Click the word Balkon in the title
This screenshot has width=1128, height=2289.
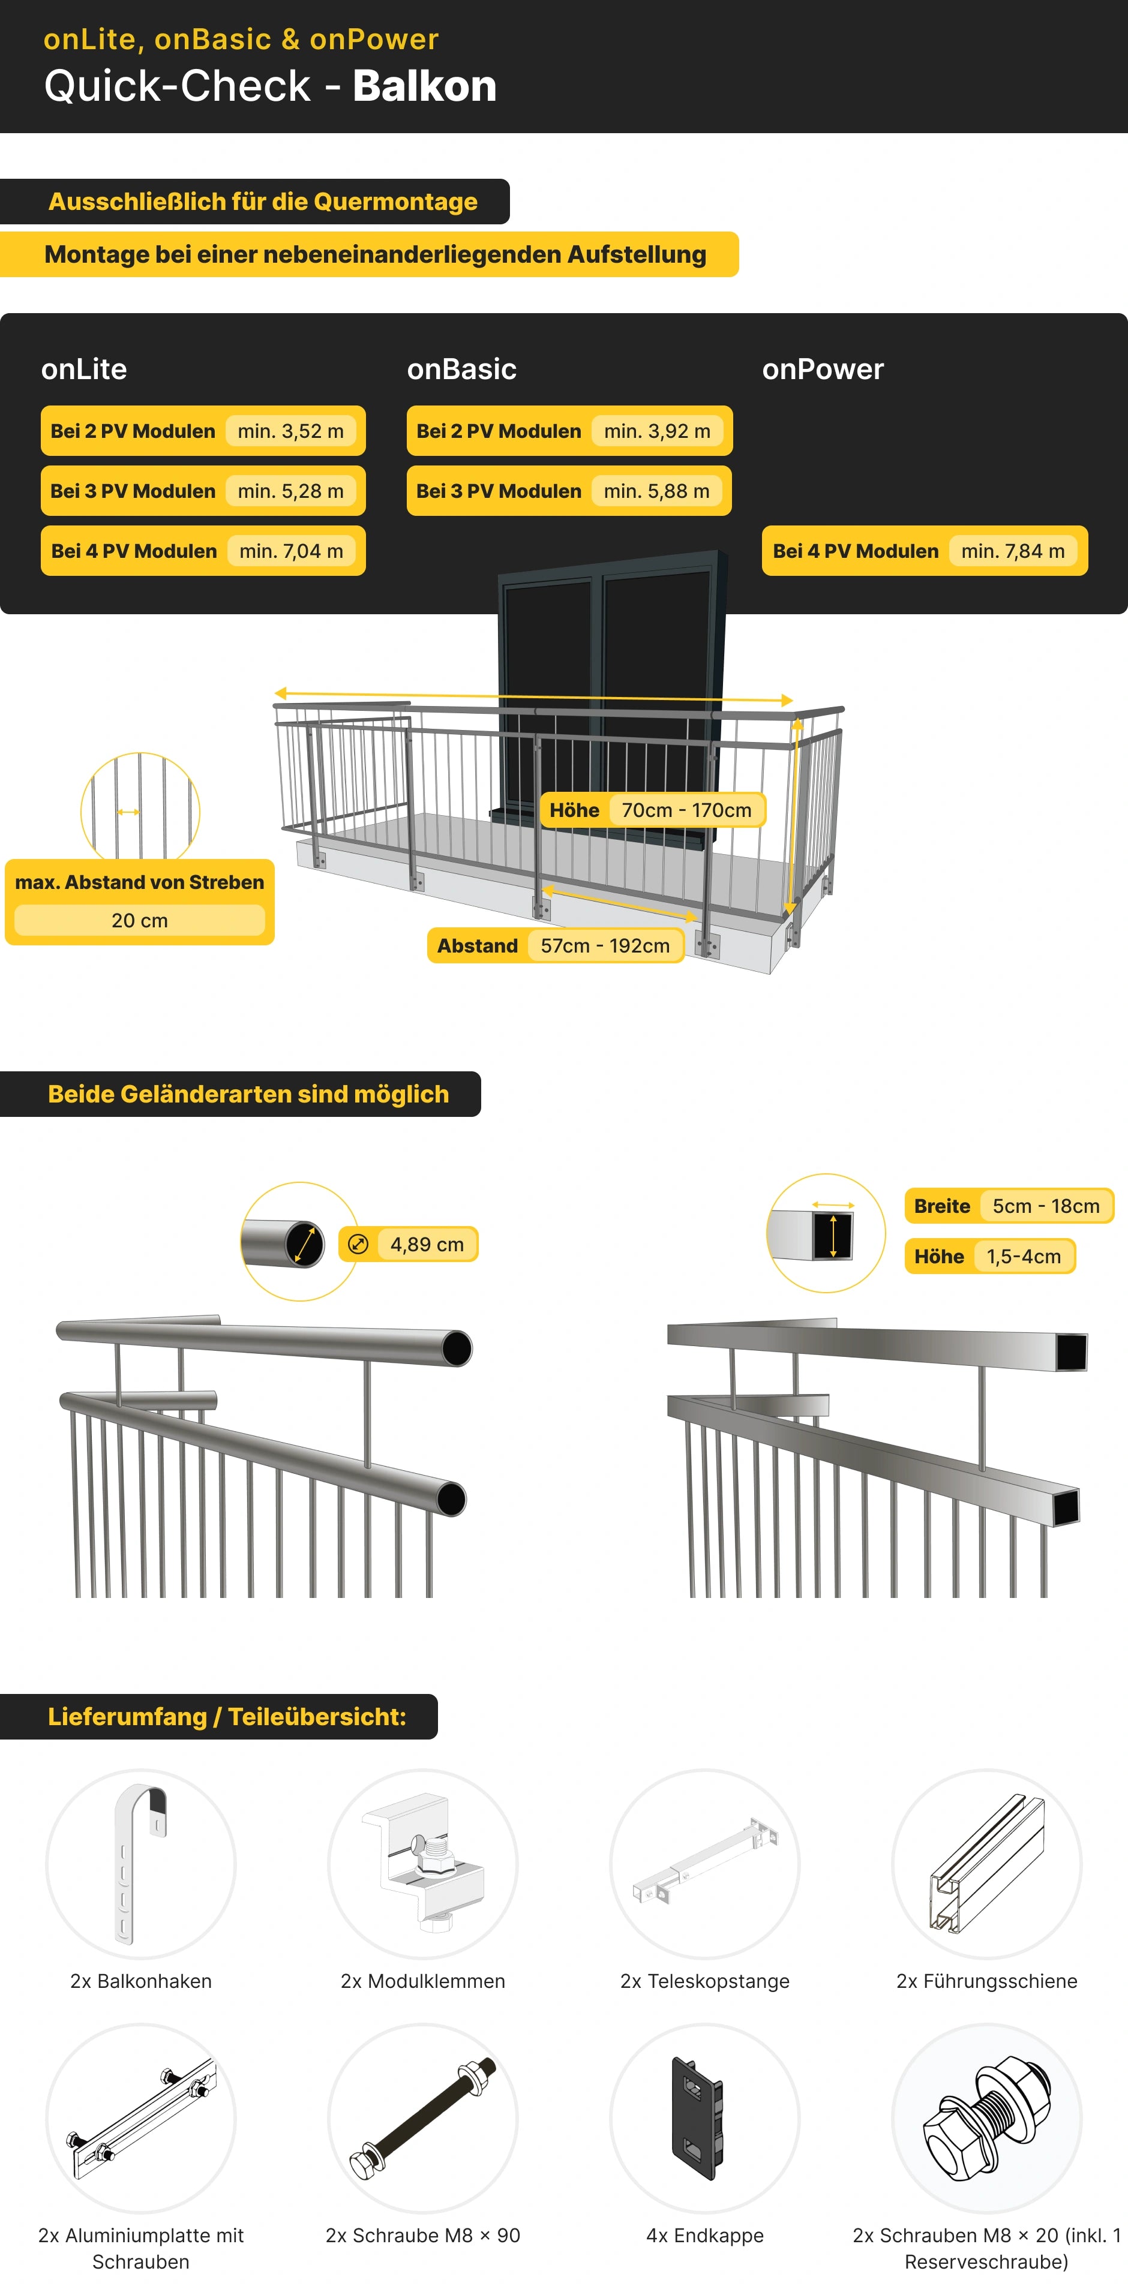(x=425, y=86)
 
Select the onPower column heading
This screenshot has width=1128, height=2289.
(x=823, y=369)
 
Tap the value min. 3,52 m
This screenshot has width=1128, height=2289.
(x=290, y=431)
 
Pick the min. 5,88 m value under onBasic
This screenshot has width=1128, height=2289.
(x=657, y=491)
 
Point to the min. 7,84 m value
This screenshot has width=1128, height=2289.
(x=1013, y=551)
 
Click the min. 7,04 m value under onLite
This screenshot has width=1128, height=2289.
(x=292, y=551)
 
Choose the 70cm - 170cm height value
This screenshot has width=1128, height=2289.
(x=686, y=810)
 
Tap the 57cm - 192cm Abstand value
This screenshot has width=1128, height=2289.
(x=605, y=945)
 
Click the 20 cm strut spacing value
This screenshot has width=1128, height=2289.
(x=140, y=921)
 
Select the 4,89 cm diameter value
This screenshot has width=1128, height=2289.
(x=427, y=1244)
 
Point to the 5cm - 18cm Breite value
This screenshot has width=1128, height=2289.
(x=1046, y=1206)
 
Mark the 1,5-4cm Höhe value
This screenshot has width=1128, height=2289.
(x=1024, y=1257)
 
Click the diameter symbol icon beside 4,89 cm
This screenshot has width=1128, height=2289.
(x=358, y=1244)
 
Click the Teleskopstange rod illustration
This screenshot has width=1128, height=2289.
(x=705, y=1861)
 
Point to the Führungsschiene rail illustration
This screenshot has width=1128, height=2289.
(x=986, y=1863)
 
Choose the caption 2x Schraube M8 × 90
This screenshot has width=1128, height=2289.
(x=423, y=2236)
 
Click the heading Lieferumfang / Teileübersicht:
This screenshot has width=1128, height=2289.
(x=227, y=1717)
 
